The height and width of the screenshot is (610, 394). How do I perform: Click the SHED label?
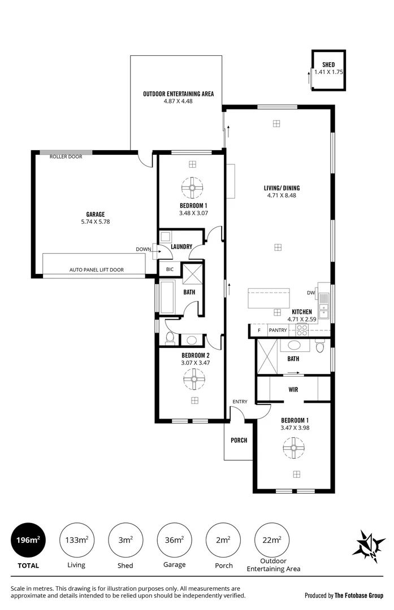328,65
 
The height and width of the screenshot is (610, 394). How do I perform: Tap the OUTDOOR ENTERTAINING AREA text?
178,94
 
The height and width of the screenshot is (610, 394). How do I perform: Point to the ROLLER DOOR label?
66,156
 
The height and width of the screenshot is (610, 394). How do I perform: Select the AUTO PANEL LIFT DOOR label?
96,270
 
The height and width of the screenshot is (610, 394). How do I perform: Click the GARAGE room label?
96,214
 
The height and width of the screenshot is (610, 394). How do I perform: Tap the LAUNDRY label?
181,246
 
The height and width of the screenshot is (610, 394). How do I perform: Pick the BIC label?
170,269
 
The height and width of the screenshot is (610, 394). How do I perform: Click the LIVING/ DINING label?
282,188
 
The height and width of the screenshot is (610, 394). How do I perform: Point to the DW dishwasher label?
310,293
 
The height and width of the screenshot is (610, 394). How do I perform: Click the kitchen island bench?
269,298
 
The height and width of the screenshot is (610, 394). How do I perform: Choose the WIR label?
293,389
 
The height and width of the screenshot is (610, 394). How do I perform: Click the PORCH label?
239,440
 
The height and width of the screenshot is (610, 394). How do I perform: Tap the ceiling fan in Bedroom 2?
194,379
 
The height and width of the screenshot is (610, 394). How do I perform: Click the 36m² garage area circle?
174,540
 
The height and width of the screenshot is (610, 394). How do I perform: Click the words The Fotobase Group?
358,595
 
